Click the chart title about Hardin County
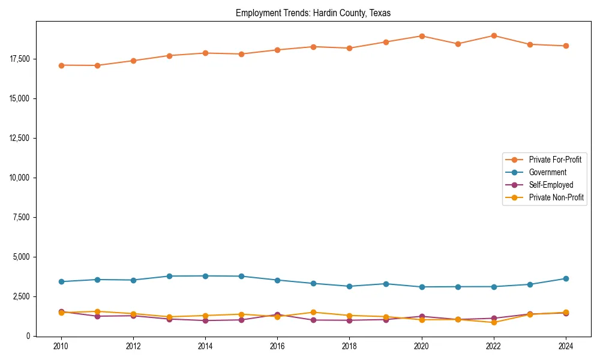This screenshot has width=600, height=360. click(313, 13)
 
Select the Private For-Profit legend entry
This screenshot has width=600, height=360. click(554, 160)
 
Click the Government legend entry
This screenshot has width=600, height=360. click(547, 172)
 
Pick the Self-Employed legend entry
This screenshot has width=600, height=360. click(551, 185)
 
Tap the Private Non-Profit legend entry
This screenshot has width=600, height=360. click(556, 197)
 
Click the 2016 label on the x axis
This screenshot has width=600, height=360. click(277, 346)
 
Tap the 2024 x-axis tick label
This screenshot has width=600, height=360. click(566, 346)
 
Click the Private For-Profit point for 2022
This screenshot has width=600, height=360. click(494, 35)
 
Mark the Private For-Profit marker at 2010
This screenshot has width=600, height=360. click(61, 65)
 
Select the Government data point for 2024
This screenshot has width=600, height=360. click(566, 278)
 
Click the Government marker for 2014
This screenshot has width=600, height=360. click(205, 276)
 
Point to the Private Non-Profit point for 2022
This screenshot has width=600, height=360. click(494, 322)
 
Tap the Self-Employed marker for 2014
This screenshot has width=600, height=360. click(205, 320)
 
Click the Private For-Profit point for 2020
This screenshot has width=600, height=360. click(422, 36)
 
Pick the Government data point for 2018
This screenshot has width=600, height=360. click(350, 286)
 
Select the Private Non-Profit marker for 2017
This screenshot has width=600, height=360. click(313, 312)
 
